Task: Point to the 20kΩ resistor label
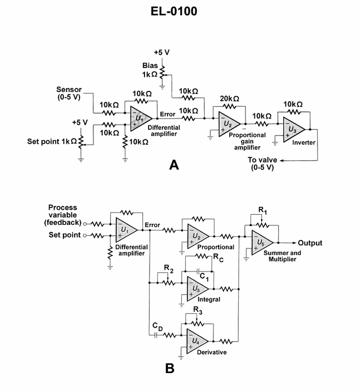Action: [x=229, y=99]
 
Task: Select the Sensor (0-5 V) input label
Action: [x=69, y=93]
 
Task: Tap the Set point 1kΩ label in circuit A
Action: [x=49, y=141]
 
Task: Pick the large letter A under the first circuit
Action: [x=174, y=165]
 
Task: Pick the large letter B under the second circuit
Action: [x=170, y=369]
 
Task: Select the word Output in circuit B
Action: [x=310, y=243]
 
